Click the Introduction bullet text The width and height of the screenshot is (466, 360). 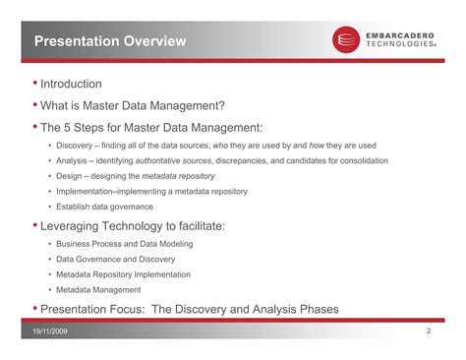(x=71, y=85)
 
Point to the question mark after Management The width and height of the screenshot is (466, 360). (x=223, y=105)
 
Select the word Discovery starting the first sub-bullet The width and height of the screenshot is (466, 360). (x=75, y=145)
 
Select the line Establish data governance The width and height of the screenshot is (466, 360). (x=104, y=207)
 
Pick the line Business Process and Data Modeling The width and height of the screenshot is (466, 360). (x=124, y=244)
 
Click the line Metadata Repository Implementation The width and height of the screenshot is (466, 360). (x=123, y=274)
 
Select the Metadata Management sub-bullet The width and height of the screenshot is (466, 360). (x=98, y=290)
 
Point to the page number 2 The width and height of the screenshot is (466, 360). (x=429, y=333)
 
